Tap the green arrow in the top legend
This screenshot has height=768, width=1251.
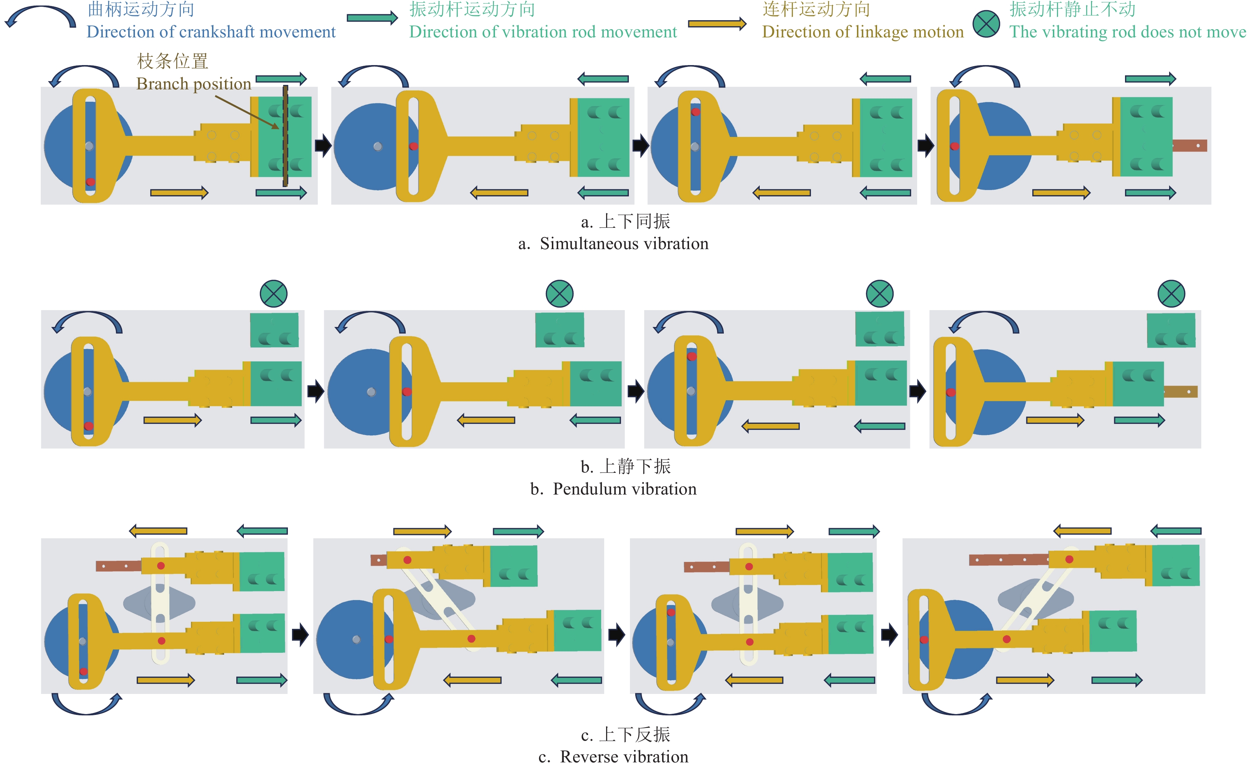[x=372, y=18]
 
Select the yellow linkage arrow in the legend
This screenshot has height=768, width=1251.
[x=716, y=23]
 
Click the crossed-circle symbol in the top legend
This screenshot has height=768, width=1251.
[x=986, y=23]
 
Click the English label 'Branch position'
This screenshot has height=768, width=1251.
[x=193, y=84]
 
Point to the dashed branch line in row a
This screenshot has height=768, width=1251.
[x=285, y=136]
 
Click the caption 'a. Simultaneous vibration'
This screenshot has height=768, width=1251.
[x=613, y=244]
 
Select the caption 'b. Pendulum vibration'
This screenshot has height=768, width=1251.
[x=613, y=489]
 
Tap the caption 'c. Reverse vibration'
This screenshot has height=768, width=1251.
[x=613, y=757]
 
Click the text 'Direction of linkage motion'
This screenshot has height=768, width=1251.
[x=863, y=32]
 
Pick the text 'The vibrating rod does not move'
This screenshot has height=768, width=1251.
[x=1127, y=32]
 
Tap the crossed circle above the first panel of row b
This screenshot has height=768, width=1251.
[x=274, y=294]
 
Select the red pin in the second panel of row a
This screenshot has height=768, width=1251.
[x=414, y=146]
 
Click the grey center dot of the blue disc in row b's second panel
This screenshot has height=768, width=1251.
[x=371, y=392]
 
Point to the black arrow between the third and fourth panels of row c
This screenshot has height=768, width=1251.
[x=889, y=634]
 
